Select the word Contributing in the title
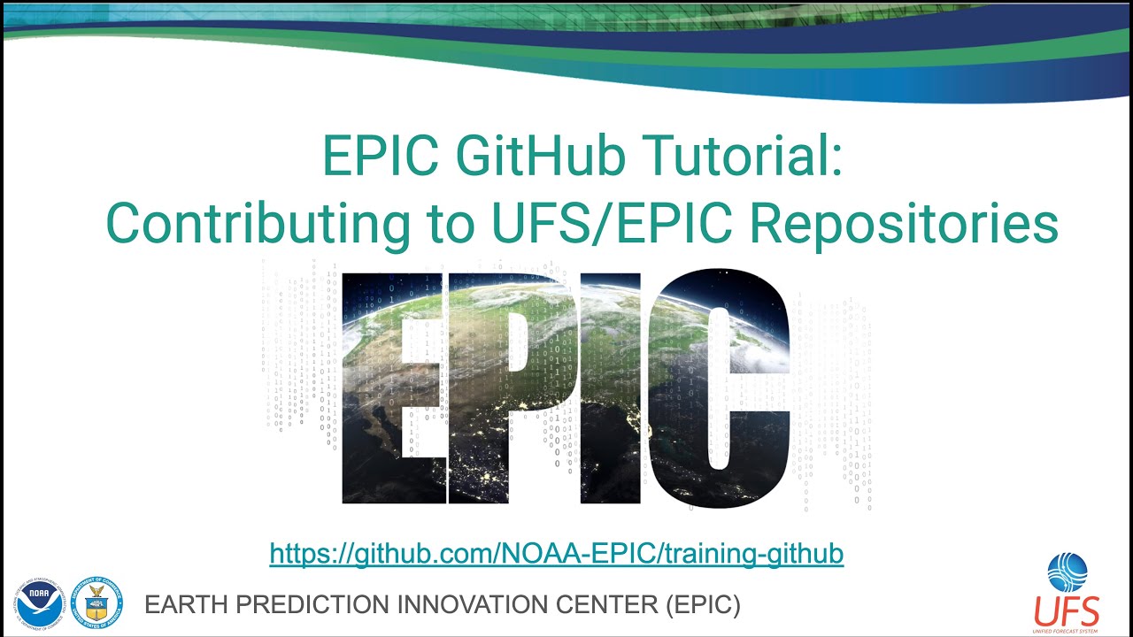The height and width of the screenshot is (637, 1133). pyautogui.click(x=258, y=225)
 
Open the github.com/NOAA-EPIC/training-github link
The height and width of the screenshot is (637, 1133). pyautogui.click(x=556, y=555)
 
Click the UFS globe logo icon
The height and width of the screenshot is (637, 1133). pyautogui.click(x=1067, y=572)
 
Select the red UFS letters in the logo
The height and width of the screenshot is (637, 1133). pyautogui.click(x=1067, y=610)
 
